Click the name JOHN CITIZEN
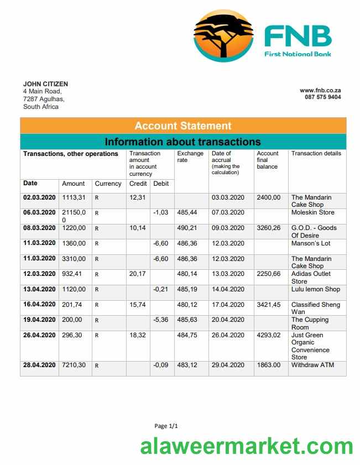45,84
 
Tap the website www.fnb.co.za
320,90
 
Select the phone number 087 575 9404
322,97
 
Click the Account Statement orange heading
183,126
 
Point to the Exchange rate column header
190,157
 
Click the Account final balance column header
268,160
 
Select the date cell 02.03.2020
39,197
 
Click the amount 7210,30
74,365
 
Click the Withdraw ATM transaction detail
312,365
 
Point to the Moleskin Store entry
312,212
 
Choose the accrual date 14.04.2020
228,289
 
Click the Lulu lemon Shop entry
315,289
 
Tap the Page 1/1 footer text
166,426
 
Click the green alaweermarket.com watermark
246,447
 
